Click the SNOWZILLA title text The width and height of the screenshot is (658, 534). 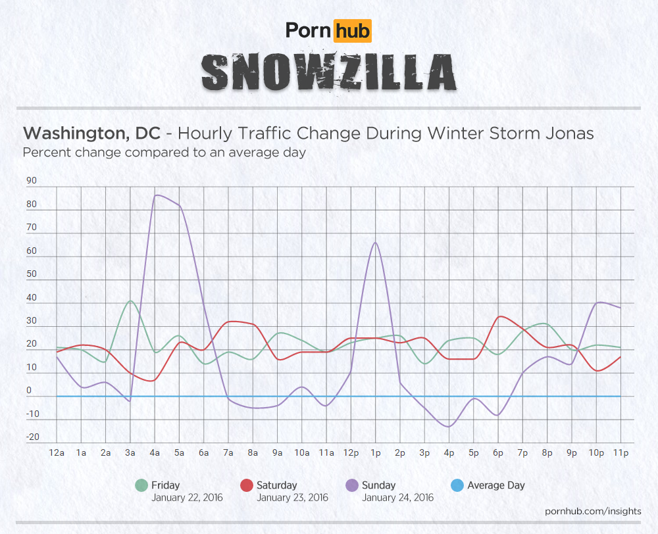(328, 72)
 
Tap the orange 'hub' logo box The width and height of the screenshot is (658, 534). (352, 30)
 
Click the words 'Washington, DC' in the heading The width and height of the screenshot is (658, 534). (91, 133)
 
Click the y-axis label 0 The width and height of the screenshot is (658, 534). (29, 391)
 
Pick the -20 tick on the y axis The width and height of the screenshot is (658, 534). (32, 437)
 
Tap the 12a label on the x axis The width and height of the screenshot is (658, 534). (57, 452)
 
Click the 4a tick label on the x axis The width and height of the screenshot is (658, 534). (155, 452)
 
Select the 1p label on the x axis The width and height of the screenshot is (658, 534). (375, 452)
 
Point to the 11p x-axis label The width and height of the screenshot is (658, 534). (619, 452)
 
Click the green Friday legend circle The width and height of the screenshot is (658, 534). (141, 486)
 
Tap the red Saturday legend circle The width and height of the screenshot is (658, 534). (246, 486)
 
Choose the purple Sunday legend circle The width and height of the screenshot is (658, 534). (351, 486)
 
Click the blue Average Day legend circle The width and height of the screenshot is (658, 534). (457, 486)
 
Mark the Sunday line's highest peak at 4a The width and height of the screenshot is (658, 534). (156, 195)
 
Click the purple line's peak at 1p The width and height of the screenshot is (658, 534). (375, 243)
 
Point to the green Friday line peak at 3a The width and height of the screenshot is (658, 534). (131, 301)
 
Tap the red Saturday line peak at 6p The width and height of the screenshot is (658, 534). (499, 317)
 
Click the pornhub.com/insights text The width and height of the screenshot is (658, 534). (593, 511)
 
